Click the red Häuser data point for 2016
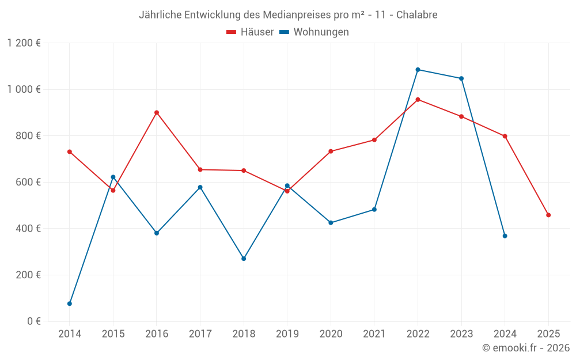coord(157,113)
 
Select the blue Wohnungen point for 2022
coord(418,70)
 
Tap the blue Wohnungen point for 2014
coord(70,304)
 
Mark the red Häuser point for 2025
coord(548,215)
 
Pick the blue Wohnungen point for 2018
coord(244,259)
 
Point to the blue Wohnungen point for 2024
coord(505,236)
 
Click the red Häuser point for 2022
coord(418,100)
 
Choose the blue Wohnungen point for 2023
coord(461,78)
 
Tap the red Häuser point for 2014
coord(70,151)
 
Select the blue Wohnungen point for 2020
coord(331,222)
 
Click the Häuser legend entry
coord(251,32)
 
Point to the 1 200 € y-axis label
coord(24,43)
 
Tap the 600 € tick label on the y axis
coord(28,182)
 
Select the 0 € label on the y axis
coord(33,321)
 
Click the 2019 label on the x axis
coord(287,334)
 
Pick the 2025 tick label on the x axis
coord(548,334)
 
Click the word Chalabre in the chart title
coord(416,14)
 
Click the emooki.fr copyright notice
coord(526,348)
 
